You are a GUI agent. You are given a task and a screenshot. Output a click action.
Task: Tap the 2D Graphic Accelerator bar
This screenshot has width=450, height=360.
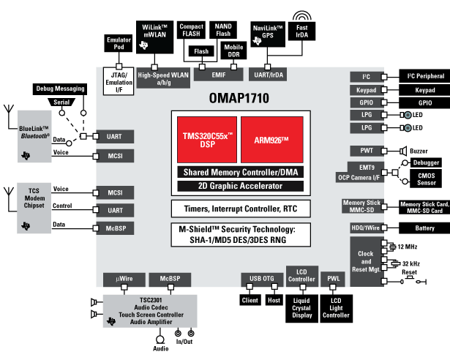241,186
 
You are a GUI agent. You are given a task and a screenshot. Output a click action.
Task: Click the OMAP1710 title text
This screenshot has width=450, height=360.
241,96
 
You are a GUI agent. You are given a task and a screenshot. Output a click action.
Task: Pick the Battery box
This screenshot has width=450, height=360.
425,228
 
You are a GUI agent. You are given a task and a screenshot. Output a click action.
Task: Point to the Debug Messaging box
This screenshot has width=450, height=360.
61,89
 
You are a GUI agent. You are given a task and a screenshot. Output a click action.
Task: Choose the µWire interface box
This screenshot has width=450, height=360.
120,280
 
